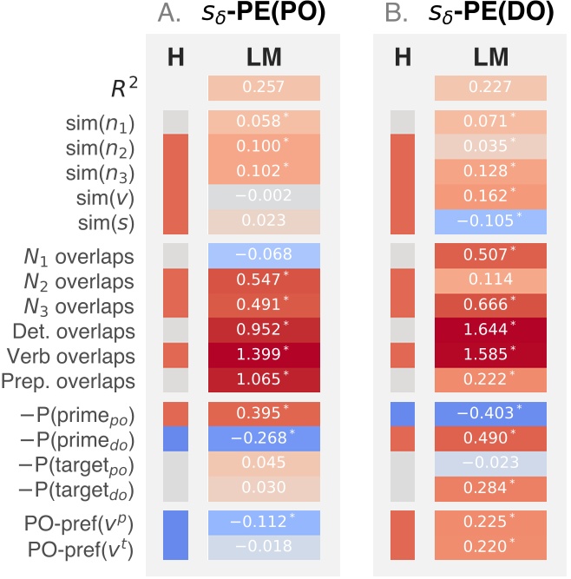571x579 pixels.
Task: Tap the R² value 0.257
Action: [x=264, y=89]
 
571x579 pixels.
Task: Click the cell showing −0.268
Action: [x=264, y=437]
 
